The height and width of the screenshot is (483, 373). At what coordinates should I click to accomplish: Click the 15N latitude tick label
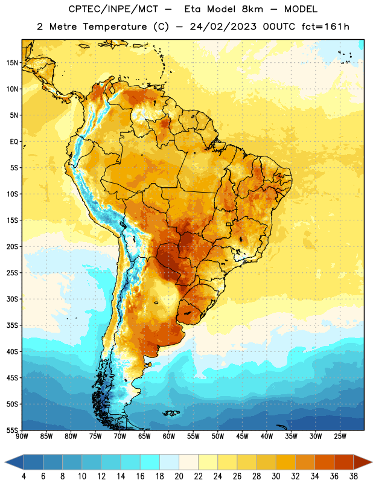(x=12, y=63)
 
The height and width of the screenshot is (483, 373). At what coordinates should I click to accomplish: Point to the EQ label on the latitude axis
(x=14, y=142)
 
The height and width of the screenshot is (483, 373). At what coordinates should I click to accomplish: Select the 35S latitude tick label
(x=12, y=325)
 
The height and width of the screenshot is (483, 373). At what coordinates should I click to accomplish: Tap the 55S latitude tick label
(x=12, y=430)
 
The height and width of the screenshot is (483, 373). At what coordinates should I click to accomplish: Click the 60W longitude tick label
(x=169, y=437)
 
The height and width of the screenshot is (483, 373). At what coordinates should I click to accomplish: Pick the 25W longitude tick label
(x=340, y=437)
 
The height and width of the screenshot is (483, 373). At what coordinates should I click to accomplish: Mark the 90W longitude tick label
(x=22, y=437)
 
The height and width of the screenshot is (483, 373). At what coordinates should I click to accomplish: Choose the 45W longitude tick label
(x=242, y=437)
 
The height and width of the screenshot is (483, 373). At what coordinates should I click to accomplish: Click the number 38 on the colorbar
(x=354, y=476)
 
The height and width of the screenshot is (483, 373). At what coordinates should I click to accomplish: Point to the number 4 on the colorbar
(x=24, y=476)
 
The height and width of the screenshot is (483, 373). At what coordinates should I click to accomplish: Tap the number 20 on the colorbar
(x=179, y=476)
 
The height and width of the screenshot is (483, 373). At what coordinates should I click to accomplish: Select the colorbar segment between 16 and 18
(x=150, y=462)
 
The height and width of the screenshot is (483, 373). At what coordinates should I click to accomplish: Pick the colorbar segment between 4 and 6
(x=34, y=462)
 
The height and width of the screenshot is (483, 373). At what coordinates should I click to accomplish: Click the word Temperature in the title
(x=115, y=27)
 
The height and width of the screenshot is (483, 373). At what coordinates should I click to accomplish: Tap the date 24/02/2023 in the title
(x=223, y=27)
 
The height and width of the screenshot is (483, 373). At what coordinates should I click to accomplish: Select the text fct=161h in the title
(x=325, y=27)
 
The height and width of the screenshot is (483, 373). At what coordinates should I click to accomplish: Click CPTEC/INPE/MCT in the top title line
(x=113, y=9)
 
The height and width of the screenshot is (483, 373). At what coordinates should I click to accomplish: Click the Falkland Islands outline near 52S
(x=171, y=413)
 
